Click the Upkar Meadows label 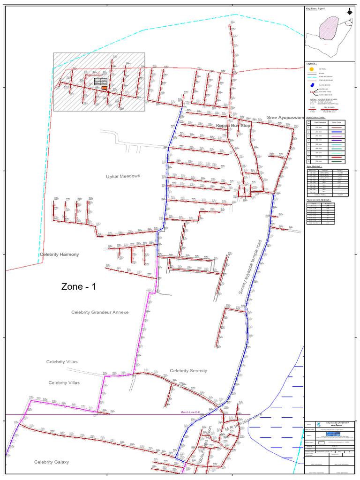click(x=123, y=176)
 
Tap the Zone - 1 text click(x=79, y=287)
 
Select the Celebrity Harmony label click(x=59, y=254)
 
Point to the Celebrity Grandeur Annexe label click(x=100, y=312)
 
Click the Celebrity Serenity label click(x=188, y=371)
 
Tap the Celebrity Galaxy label click(x=52, y=462)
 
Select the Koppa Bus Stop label click(x=233, y=126)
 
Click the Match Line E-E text click(x=194, y=412)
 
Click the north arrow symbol click(x=350, y=12)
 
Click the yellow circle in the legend click(x=311, y=69)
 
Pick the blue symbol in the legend click(x=311, y=84)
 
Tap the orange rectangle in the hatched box click(x=104, y=88)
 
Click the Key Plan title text click(x=315, y=8)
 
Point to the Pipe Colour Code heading click(x=317, y=118)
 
